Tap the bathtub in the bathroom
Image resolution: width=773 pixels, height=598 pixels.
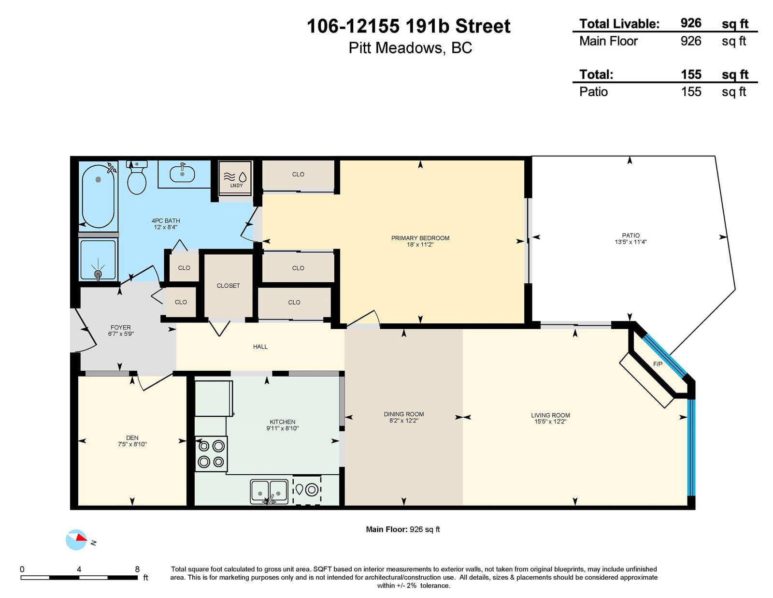coord(98,196)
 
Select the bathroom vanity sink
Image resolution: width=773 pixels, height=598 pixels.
coord(182,174)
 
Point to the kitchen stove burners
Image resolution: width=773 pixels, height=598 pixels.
coord(211,454)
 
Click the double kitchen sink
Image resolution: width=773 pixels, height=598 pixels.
coord(269,492)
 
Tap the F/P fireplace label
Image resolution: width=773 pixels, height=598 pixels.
coord(658,364)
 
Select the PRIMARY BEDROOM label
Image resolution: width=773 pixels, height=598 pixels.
coord(420,238)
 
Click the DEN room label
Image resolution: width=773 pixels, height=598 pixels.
coord(132,438)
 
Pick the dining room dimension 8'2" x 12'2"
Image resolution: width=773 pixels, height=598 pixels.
coord(403,421)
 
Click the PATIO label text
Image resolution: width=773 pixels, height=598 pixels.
coord(630,235)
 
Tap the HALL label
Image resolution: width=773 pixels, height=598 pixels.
coord(260,346)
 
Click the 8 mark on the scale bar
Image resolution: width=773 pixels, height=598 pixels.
coord(137,569)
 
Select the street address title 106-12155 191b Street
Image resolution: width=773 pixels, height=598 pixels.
coord(408,26)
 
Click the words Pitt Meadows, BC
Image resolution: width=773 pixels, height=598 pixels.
coord(410,48)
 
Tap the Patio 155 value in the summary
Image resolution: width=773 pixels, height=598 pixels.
coord(691,91)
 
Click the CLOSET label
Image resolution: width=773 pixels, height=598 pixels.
coord(228,286)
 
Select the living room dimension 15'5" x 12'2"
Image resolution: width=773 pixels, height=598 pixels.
coord(550,422)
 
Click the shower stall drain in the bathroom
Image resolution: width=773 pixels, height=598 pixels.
coord(98,274)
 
